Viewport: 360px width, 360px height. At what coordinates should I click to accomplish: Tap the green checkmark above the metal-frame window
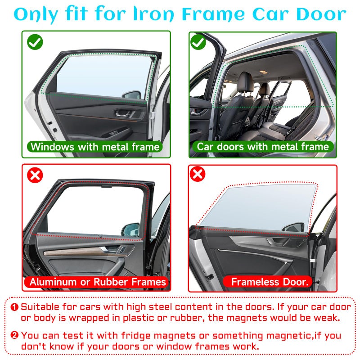point(35,42)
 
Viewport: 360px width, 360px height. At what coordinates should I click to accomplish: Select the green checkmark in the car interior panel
point(198,42)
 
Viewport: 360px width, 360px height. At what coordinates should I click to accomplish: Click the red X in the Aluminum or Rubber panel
point(35,175)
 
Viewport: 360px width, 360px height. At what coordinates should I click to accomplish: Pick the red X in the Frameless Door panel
point(198,174)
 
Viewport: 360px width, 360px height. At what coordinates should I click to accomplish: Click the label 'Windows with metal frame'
point(95,147)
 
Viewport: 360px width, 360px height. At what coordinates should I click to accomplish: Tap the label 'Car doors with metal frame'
point(263,147)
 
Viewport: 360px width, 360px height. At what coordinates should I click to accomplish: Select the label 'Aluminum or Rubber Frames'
point(97,282)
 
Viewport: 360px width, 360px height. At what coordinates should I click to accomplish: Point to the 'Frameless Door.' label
point(269,282)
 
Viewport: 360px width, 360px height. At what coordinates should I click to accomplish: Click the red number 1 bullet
point(14,307)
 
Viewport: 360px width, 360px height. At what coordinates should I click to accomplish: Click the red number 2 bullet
point(14,335)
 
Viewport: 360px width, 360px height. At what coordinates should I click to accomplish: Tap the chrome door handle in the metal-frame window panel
point(123,113)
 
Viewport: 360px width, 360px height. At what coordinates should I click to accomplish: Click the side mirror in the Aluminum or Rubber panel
point(130,229)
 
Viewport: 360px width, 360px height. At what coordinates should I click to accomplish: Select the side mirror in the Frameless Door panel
point(294,227)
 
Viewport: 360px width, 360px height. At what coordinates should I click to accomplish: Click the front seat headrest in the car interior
point(245,82)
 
